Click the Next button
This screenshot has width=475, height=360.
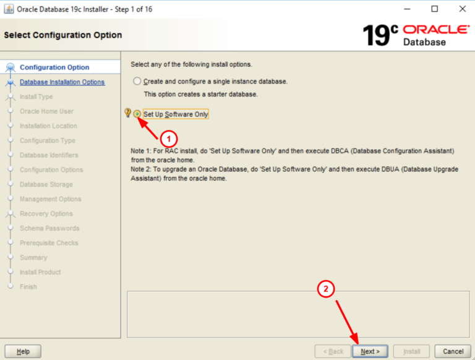click(370, 351)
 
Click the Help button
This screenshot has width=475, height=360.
click(23, 351)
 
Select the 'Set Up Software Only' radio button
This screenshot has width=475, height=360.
click(137, 114)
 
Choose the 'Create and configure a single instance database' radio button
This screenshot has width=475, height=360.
click(137, 81)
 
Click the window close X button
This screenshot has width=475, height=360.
click(463, 9)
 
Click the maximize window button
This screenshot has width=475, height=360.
click(435, 9)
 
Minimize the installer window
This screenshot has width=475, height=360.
click(406, 9)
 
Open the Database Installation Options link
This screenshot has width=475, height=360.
click(62, 82)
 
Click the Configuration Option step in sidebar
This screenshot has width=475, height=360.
click(54, 67)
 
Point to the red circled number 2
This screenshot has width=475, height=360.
click(327, 288)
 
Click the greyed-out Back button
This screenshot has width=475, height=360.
click(332, 351)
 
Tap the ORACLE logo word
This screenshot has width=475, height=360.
click(435, 30)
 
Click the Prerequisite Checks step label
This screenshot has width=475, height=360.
click(49, 243)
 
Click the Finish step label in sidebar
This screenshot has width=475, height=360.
click(28, 287)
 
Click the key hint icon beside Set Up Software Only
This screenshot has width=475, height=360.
click(127, 113)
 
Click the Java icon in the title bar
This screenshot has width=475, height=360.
click(9, 9)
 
